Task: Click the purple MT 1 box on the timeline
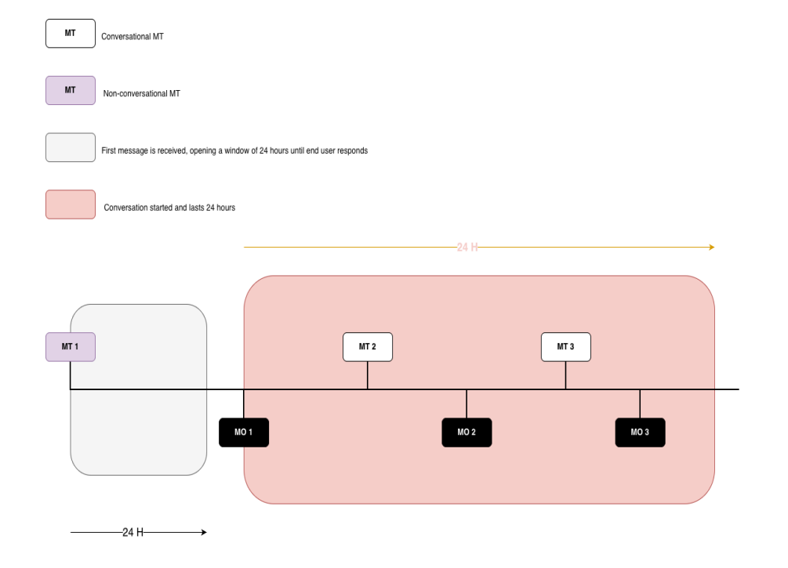pos(71,347)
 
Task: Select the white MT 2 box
pos(368,347)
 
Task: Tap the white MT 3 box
pos(566,347)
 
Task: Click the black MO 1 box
pos(244,432)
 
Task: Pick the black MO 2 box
pos(467,432)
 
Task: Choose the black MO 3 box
pos(641,432)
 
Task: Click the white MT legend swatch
pos(71,34)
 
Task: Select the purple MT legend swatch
pos(71,90)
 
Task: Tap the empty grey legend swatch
pos(71,147)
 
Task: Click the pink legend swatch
pos(71,204)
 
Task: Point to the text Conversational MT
pos(133,37)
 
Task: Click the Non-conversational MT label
pos(141,93)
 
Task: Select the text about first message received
pos(234,150)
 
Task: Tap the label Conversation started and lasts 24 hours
pos(169,208)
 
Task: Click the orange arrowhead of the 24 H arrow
pos(712,247)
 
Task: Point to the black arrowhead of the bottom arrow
pos(204,532)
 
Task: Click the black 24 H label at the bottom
pos(133,532)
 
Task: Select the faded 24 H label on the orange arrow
pos(467,247)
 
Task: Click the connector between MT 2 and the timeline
pos(368,375)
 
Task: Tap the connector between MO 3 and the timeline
pos(640,403)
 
